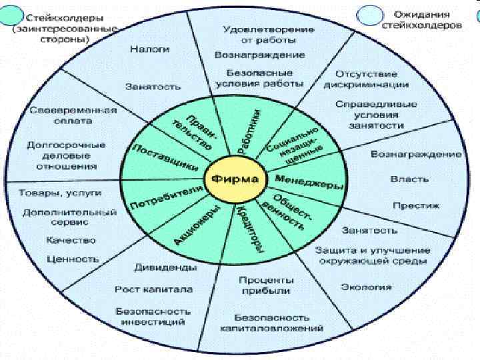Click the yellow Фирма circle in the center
click(x=237, y=179)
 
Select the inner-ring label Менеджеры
click(x=301, y=179)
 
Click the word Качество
click(x=71, y=240)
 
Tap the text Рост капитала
click(x=154, y=289)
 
